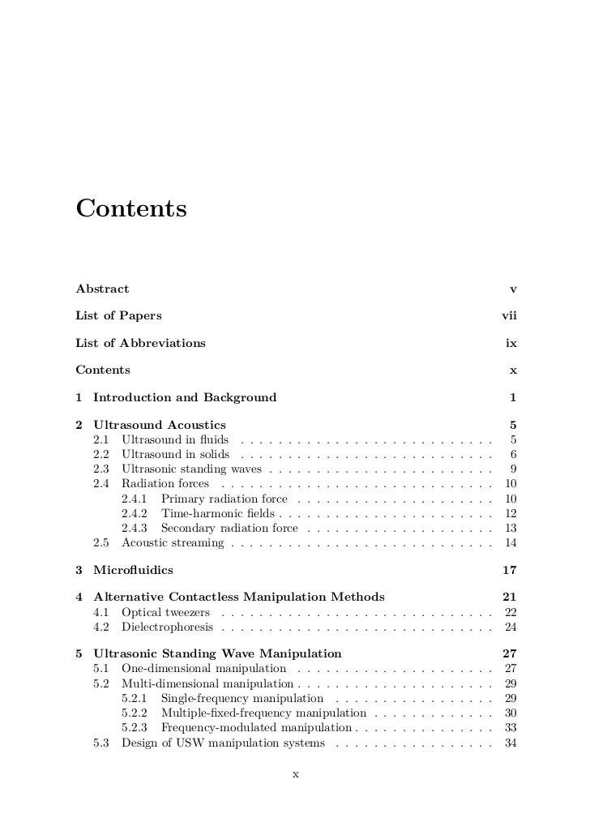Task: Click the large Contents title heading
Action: point(131,208)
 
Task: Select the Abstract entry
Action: point(102,289)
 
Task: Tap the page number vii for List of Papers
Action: point(509,315)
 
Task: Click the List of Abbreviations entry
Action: point(140,343)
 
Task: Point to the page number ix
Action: point(511,343)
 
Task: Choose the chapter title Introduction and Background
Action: point(185,397)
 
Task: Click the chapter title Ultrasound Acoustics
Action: point(160,425)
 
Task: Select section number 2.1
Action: point(101,439)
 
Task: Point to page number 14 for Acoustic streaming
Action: point(511,542)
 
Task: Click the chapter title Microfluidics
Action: point(133,570)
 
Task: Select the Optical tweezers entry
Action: point(166,612)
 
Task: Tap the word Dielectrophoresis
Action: point(168,627)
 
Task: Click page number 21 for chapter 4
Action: point(510,597)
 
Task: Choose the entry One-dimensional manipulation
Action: point(203,669)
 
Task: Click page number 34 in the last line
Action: point(511,743)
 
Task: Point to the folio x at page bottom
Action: point(295,774)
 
